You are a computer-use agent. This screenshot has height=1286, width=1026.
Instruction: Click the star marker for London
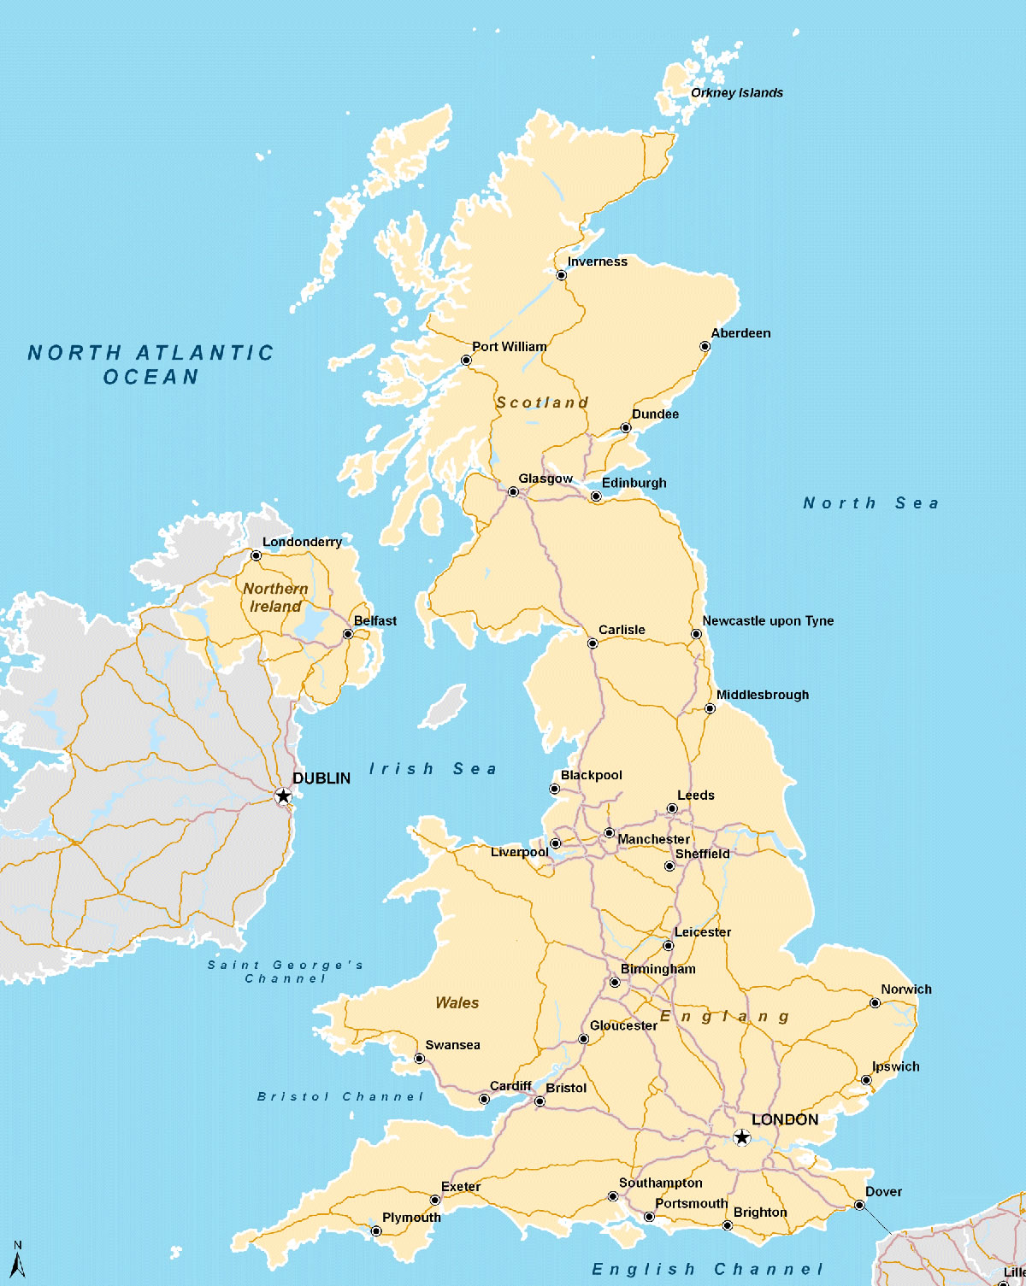(x=741, y=1137)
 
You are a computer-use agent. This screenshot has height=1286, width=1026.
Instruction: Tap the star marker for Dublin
(x=283, y=796)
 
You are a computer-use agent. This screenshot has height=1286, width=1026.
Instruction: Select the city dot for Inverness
(x=561, y=275)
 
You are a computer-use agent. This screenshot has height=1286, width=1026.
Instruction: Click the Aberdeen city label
(x=740, y=333)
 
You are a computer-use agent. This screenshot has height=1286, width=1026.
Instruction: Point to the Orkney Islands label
(x=736, y=93)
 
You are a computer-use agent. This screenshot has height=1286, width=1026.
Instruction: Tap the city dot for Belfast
(x=348, y=634)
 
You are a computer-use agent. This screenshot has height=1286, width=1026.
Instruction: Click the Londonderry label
(x=302, y=542)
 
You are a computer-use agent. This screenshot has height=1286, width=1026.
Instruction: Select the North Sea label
(x=870, y=503)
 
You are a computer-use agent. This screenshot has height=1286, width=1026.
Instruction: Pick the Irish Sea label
(x=433, y=769)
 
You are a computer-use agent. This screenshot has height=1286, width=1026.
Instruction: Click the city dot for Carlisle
(x=593, y=643)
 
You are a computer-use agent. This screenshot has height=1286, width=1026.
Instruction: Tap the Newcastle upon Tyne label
(x=768, y=621)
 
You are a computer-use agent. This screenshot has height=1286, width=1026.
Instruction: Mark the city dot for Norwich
(x=875, y=1003)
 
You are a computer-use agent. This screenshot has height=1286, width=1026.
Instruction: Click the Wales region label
(x=457, y=1003)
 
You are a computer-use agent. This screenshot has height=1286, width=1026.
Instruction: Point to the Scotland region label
(x=542, y=402)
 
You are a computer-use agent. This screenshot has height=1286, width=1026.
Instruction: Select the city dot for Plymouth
(x=376, y=1231)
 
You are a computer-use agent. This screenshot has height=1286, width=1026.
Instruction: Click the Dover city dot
(x=859, y=1206)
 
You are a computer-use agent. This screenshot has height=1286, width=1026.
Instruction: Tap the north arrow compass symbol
(x=17, y=1260)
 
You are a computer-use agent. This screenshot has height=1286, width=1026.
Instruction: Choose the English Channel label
(x=707, y=1270)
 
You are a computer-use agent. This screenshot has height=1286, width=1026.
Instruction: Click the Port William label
(x=510, y=347)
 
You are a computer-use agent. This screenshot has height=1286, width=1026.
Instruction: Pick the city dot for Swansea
(x=419, y=1059)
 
